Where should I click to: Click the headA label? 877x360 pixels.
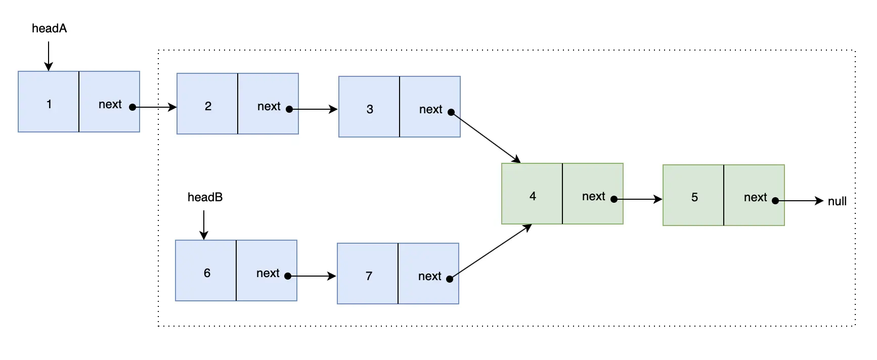pos(49,28)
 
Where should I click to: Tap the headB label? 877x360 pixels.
pos(205,197)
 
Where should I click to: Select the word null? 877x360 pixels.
pos(837,201)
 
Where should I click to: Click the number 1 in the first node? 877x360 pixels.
pos(49,104)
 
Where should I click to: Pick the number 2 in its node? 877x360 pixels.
pos(208,106)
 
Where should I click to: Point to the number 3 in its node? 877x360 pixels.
pos(370,109)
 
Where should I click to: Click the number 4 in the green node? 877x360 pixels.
pos(533,196)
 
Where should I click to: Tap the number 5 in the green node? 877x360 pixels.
pos(694,197)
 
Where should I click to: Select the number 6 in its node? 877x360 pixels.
pos(207,273)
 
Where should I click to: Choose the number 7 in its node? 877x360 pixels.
pos(369,276)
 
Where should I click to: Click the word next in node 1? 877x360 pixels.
pos(110,104)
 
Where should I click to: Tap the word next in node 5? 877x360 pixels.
pos(755,197)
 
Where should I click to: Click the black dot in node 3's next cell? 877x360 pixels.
pos(451,112)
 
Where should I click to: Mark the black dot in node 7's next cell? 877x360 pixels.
pos(450,279)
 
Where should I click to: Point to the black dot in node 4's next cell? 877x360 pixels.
pos(614,199)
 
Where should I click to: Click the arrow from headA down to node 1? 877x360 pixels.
pos(49,56)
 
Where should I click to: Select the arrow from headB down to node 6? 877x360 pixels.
pos(204,225)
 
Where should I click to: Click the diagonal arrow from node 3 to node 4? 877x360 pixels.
pos(486,138)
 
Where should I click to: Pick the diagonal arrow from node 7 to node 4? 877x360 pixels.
pos(491,251)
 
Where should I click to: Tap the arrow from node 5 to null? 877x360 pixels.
pos(800,201)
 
